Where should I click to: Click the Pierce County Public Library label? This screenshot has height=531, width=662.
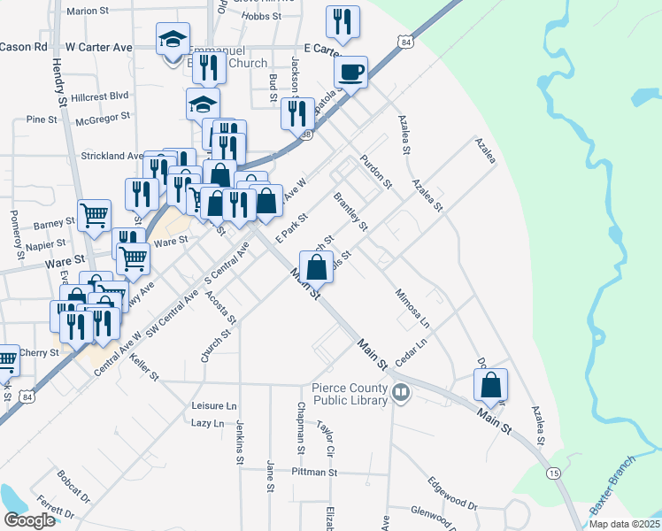click(x=350, y=394)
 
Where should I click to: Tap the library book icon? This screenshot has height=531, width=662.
click(x=401, y=391)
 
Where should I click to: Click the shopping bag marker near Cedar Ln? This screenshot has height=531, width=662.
click(x=490, y=386)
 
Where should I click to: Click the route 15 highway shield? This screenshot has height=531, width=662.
click(x=553, y=473)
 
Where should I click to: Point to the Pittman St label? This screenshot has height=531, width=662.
click(x=315, y=473)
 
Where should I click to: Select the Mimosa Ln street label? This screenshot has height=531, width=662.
click(x=412, y=306)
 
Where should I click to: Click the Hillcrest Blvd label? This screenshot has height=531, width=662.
click(x=101, y=95)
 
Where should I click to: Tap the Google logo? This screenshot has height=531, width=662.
click(x=29, y=520)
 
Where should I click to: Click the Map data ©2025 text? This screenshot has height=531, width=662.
click(x=625, y=524)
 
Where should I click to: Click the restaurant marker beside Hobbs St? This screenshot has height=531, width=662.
click(x=341, y=21)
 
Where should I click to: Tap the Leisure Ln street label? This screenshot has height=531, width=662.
click(x=214, y=405)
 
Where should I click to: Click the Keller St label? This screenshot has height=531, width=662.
click(x=142, y=367)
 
